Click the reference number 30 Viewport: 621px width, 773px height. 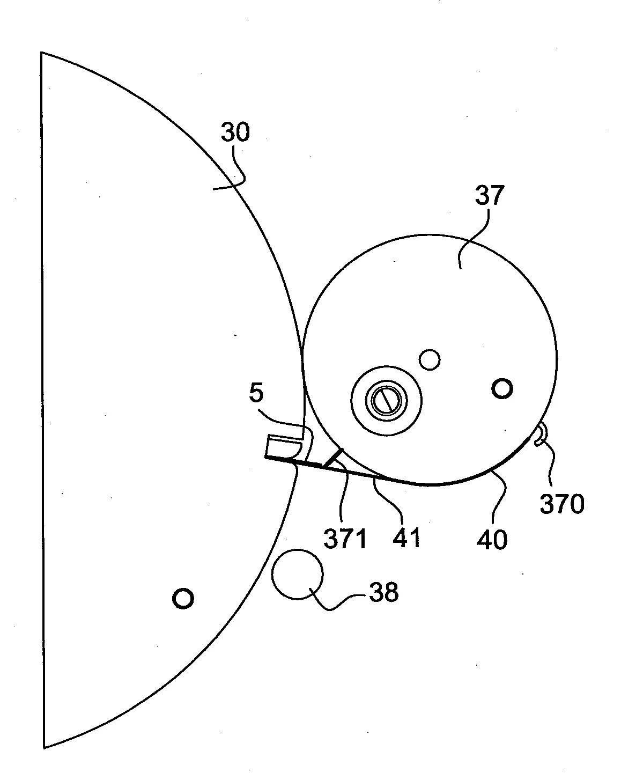click(x=235, y=132)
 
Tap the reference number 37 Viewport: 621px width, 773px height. click(x=490, y=195)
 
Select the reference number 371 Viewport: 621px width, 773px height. click(x=345, y=539)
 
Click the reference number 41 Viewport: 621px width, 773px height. click(x=406, y=538)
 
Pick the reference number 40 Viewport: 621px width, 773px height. click(x=492, y=540)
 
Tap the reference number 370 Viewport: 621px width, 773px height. click(x=562, y=504)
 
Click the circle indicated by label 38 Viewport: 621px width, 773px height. click(x=297, y=575)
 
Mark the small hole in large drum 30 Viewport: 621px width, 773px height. click(x=183, y=599)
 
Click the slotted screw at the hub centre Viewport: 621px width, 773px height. click(x=386, y=401)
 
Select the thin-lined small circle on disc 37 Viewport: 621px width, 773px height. click(x=430, y=359)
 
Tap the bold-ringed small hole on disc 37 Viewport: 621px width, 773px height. click(x=502, y=388)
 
